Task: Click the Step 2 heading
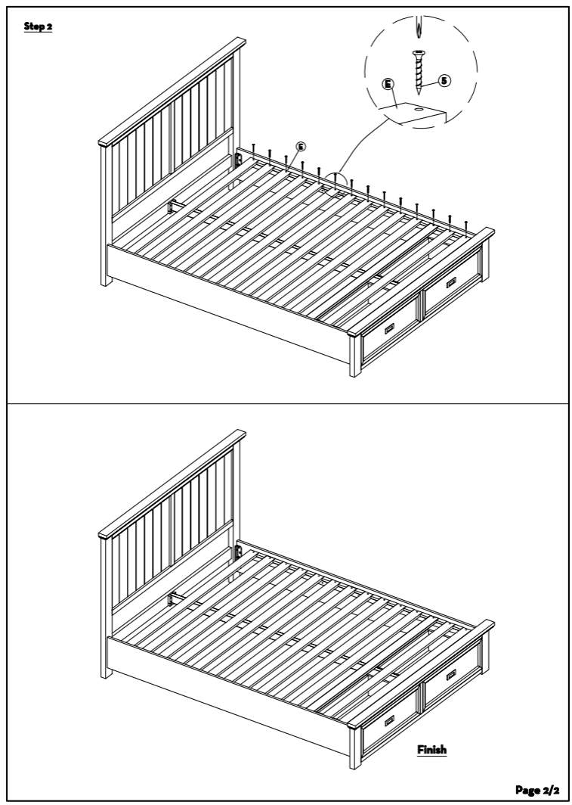point(38,26)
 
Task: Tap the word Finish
point(431,750)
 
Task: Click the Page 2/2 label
point(537,790)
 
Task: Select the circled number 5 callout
point(444,81)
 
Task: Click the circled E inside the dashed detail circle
point(388,84)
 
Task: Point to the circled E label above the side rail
point(301,147)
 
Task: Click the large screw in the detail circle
point(419,72)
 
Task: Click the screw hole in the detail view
point(419,109)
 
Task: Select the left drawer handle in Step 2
point(390,328)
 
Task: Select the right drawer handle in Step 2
point(451,282)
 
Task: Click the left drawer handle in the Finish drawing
point(390,720)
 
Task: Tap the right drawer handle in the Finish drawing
point(451,675)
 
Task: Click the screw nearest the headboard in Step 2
point(253,151)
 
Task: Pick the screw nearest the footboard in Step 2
point(466,229)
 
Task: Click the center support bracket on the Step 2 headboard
point(174,207)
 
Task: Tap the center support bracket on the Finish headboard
point(174,598)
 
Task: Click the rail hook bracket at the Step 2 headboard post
point(238,160)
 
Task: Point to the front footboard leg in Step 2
point(354,356)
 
